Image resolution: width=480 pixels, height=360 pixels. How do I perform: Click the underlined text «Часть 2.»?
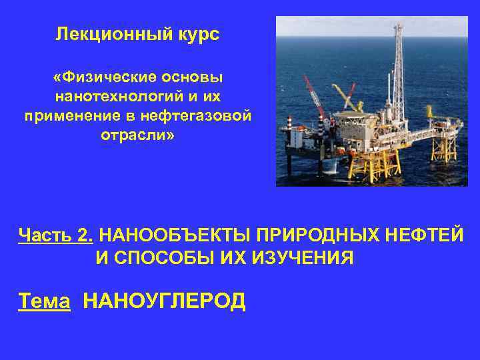point(56,235)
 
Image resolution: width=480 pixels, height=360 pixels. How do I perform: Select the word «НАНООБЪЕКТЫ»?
point(167,235)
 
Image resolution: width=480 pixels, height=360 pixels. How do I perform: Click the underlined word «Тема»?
point(44,301)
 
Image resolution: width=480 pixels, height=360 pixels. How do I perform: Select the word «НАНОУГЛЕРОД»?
point(164,301)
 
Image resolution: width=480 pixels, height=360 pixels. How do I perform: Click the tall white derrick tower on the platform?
point(398,73)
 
